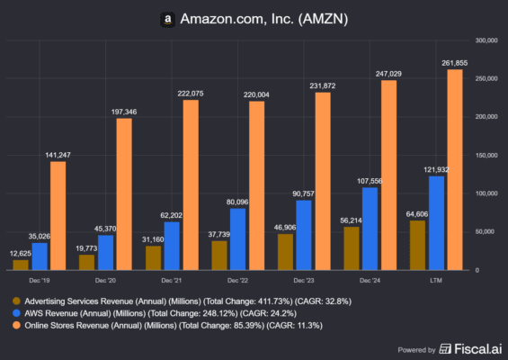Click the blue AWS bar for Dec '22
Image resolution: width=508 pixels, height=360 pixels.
point(236,238)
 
